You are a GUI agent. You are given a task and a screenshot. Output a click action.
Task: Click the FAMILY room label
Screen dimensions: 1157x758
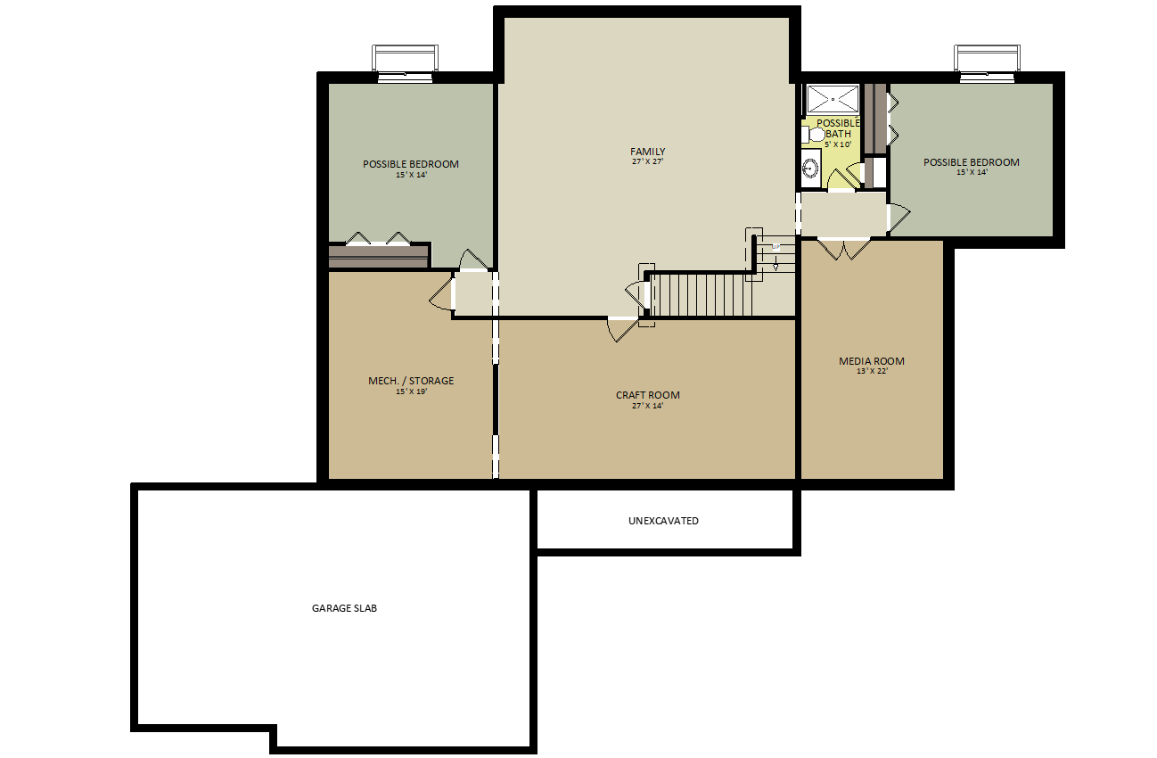point(647,152)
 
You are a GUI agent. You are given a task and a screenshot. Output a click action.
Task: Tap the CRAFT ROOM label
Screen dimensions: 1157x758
point(648,395)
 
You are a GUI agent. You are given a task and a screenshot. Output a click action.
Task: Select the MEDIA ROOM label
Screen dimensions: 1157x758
point(872,361)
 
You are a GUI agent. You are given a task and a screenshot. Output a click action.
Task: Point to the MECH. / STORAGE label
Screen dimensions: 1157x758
point(411,381)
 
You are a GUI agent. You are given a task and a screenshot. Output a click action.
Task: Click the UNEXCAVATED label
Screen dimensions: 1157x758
point(663,521)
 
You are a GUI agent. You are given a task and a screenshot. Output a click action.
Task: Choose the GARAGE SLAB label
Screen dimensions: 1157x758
point(344,608)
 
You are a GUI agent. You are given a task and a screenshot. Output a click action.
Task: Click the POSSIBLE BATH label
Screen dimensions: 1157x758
point(838,128)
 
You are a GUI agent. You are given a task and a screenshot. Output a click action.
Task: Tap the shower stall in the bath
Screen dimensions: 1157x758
point(833,99)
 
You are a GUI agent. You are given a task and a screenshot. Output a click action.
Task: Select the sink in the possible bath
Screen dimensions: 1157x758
point(810,169)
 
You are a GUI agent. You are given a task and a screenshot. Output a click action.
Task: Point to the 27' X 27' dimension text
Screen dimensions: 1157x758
point(647,161)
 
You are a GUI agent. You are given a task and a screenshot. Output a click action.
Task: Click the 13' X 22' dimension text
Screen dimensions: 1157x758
point(872,371)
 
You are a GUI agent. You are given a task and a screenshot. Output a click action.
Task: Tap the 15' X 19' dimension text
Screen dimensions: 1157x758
point(411,391)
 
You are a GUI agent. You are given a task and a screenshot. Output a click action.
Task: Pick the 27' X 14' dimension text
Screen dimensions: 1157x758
point(647,406)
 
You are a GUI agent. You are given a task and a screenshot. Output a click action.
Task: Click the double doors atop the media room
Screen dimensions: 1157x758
point(843,248)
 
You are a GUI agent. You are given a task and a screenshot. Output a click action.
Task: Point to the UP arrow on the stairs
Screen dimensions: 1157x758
point(775,257)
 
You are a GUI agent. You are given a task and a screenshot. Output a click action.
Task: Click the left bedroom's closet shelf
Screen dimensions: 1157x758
point(379,257)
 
